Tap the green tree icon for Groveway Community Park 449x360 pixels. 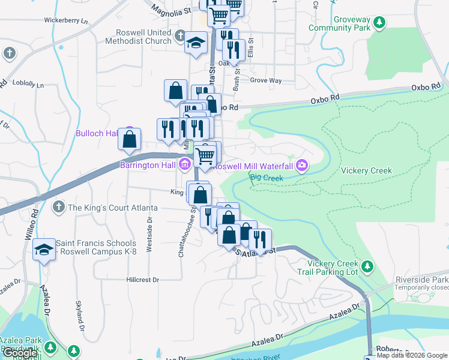(x=379, y=23)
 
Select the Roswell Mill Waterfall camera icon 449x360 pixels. (x=302, y=165)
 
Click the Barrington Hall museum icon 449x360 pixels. (x=184, y=165)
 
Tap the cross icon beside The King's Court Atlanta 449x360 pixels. (x=59, y=208)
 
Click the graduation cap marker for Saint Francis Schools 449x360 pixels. (x=43, y=249)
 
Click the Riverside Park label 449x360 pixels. (x=421, y=280)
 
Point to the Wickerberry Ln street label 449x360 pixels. (x=66, y=20)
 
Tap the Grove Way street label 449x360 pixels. (x=266, y=80)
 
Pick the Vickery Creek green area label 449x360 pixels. (x=366, y=170)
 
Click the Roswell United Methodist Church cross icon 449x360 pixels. (x=180, y=38)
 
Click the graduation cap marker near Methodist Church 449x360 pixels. (x=195, y=44)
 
